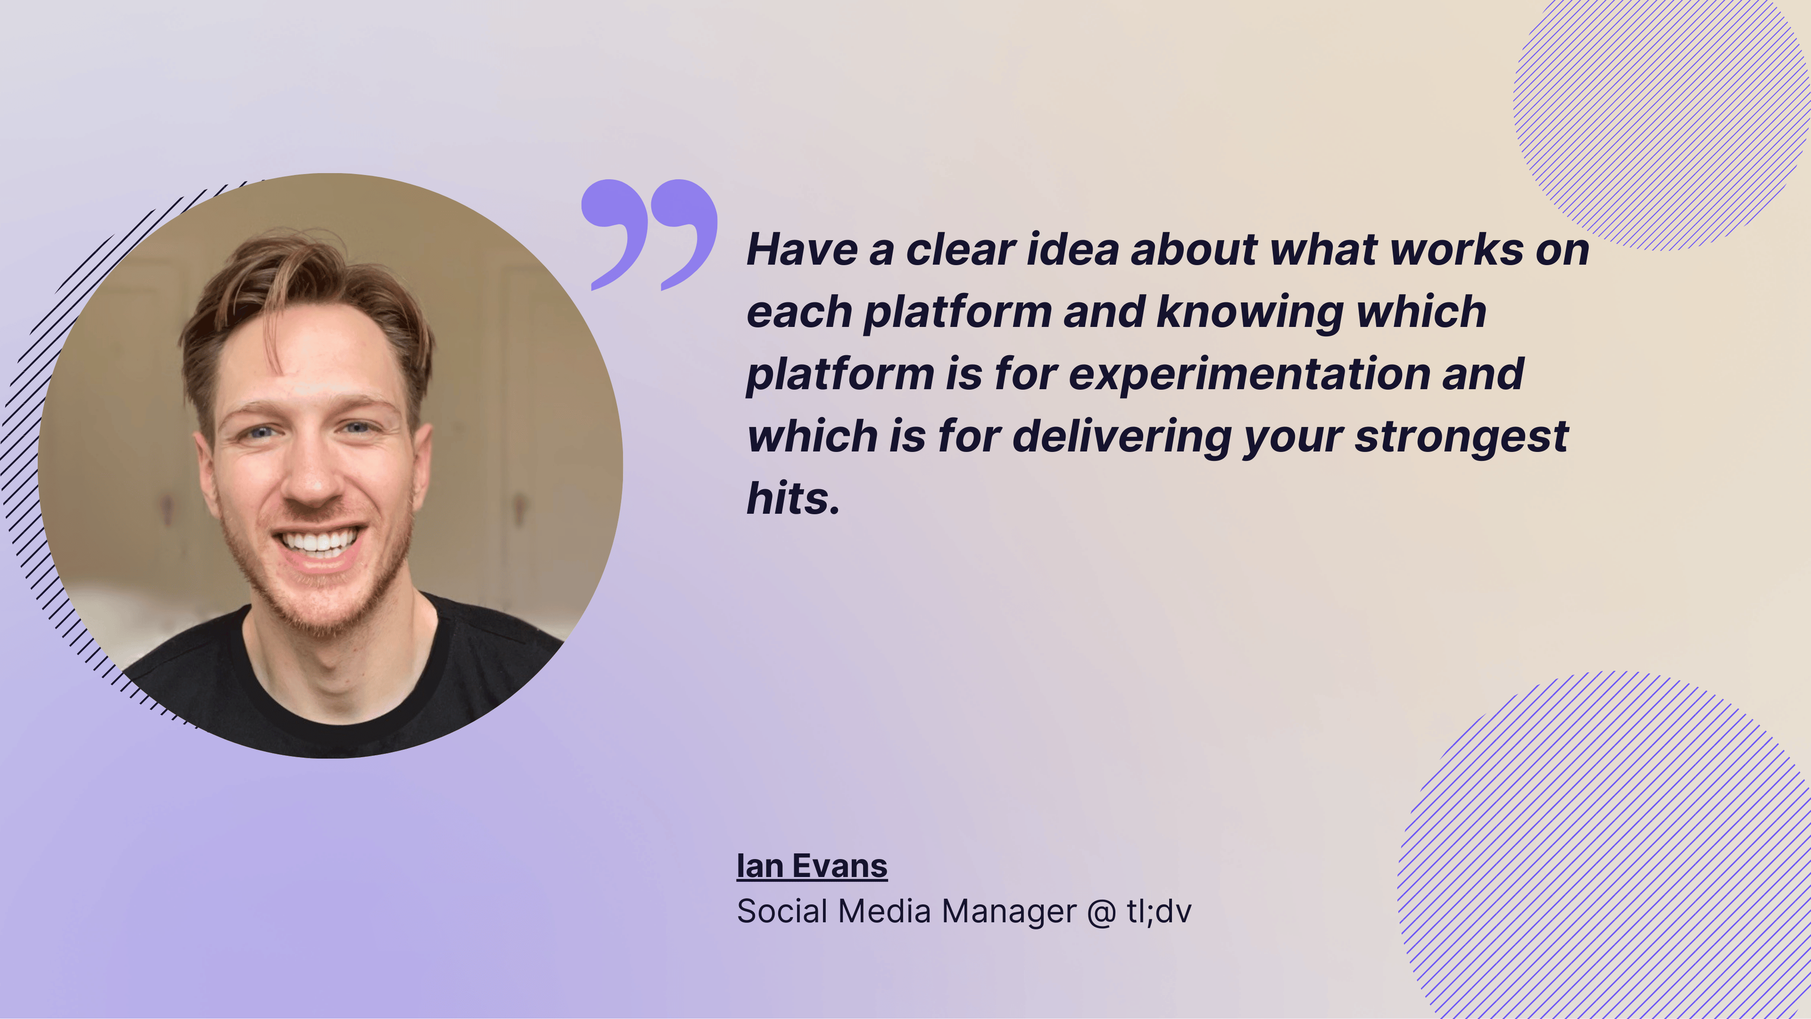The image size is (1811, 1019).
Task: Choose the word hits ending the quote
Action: pyautogui.click(x=792, y=499)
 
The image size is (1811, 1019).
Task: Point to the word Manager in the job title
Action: pyautogui.click(x=1008, y=911)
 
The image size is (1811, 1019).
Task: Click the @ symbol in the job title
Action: pyautogui.click(x=1101, y=912)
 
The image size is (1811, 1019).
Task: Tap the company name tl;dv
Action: pyautogui.click(x=1159, y=911)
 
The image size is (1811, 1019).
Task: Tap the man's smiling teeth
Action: pyautogui.click(x=320, y=542)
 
